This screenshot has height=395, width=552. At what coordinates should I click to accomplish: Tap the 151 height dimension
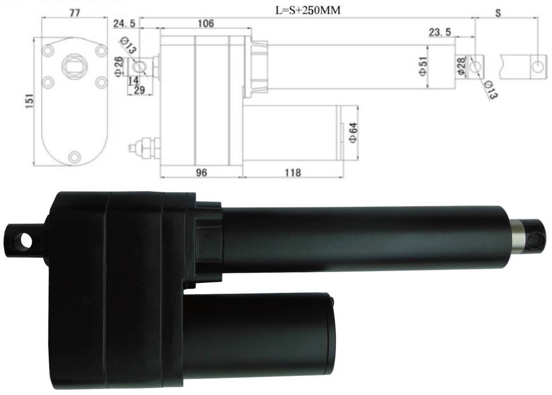pos(30,99)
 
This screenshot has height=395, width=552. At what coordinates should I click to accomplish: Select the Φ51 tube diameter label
pos(423,66)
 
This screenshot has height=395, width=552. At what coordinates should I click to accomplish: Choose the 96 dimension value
pos(201,173)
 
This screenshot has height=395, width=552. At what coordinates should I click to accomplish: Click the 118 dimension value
pos(292,173)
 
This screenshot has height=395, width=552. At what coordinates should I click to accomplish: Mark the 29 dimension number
pos(139,90)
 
